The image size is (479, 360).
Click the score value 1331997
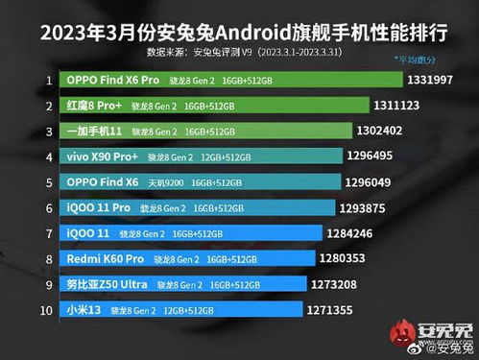437,79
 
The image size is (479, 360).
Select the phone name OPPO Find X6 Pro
111,79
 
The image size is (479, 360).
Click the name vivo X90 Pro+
103,156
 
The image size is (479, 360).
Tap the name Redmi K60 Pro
106,258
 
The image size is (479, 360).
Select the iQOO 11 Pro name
99,207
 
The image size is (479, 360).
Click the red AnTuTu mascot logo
401,334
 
